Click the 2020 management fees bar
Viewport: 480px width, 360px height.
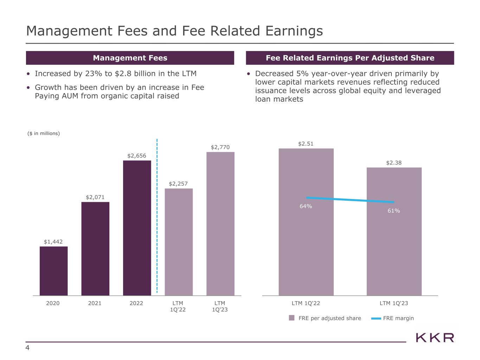pyautogui.click(x=53, y=271)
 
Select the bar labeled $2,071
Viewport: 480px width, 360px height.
pyautogui.click(x=95, y=249)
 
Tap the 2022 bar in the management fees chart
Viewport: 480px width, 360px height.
pyautogui.click(x=137, y=228)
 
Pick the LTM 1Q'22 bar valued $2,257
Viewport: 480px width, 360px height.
pyautogui.click(x=179, y=242)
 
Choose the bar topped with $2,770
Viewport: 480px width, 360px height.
pyautogui.click(x=220, y=224)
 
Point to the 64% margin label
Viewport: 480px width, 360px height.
pyautogui.click(x=306, y=206)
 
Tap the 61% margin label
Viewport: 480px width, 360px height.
pyautogui.click(x=394, y=211)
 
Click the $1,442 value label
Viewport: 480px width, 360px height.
pyautogui.click(x=53, y=242)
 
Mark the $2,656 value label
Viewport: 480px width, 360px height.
pyautogui.click(x=137, y=155)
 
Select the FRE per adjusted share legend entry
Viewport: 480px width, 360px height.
pyautogui.click(x=325, y=318)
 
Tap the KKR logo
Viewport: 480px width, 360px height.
pyautogui.click(x=435, y=338)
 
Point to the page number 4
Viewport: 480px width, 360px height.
pyautogui.click(x=27, y=348)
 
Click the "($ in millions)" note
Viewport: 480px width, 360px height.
pyautogui.click(x=44, y=133)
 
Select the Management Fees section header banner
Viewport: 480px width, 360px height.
pyautogui.click(x=130, y=58)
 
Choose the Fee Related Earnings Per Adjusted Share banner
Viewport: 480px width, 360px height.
pyautogui.click(x=350, y=58)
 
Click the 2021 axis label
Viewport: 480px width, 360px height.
pyautogui.click(x=95, y=303)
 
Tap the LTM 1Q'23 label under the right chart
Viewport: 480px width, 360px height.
pyautogui.click(x=394, y=303)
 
